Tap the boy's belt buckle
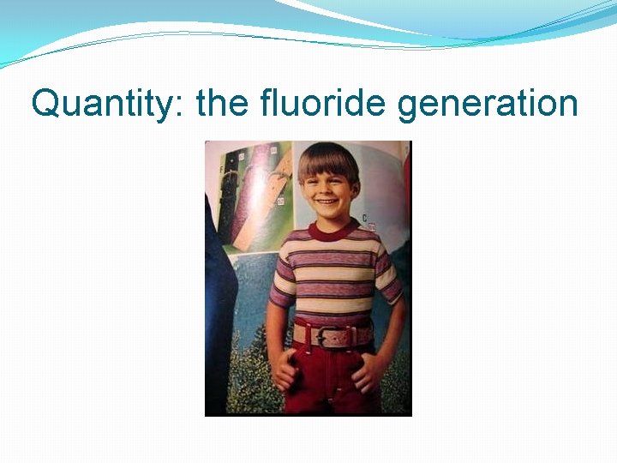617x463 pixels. point(332,336)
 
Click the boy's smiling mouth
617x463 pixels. point(328,202)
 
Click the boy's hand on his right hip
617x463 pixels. point(283,371)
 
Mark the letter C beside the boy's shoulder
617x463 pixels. point(365,219)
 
